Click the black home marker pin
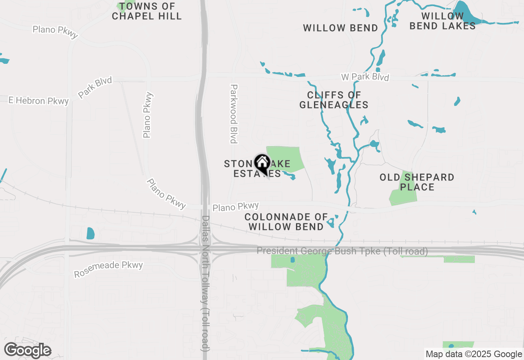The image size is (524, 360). click(262, 164)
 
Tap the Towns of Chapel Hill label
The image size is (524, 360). click(147, 11)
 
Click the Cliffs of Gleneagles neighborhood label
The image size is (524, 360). click(334, 100)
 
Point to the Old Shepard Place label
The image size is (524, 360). click(417, 182)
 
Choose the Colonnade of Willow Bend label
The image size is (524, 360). click(286, 221)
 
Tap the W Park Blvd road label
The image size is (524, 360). click(365, 77)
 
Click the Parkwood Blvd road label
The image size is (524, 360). click(234, 114)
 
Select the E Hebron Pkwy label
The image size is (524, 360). click(39, 101)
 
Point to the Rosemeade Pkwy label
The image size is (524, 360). click(108, 269)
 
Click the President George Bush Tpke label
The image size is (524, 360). click(342, 251)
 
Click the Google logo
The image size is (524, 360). click(27, 350)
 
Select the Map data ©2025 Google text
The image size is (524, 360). click(474, 354)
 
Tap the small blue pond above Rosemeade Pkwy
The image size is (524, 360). click(90, 233)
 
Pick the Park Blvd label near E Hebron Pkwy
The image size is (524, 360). click(95, 87)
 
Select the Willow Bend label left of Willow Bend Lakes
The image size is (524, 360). click(340, 28)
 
